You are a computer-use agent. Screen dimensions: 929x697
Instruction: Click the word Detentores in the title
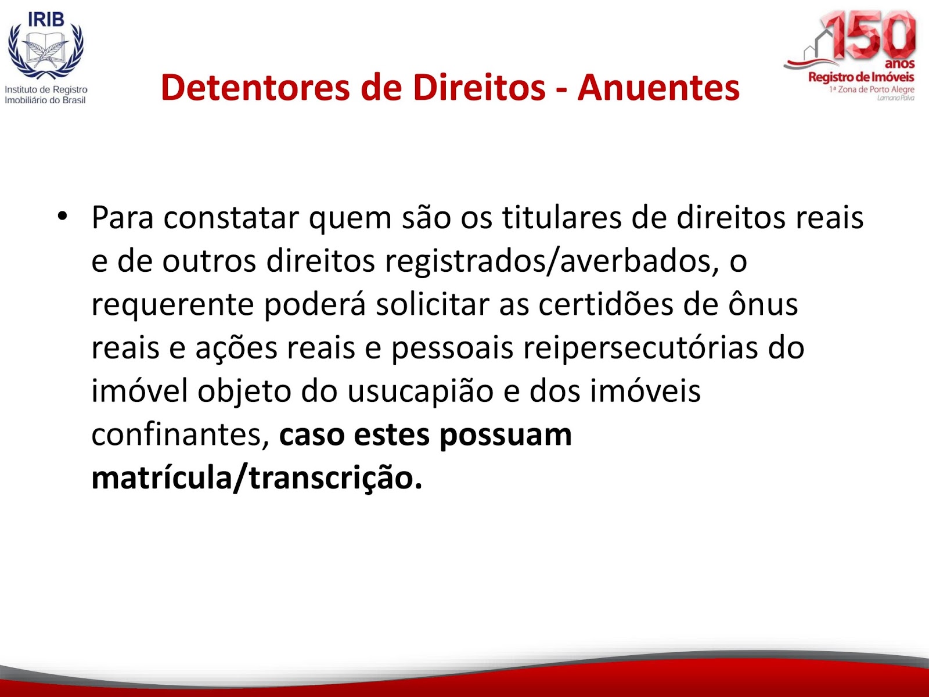[255, 88]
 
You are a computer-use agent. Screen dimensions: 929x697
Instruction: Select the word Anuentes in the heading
[658, 88]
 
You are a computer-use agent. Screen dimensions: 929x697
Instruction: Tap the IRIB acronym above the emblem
[46, 19]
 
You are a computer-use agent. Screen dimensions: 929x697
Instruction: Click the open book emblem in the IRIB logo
[46, 49]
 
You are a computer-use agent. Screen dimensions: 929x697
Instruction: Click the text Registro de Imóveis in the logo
[861, 77]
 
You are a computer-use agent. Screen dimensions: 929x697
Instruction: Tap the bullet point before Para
[62, 217]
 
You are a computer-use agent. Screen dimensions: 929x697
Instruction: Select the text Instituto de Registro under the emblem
[46, 89]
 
